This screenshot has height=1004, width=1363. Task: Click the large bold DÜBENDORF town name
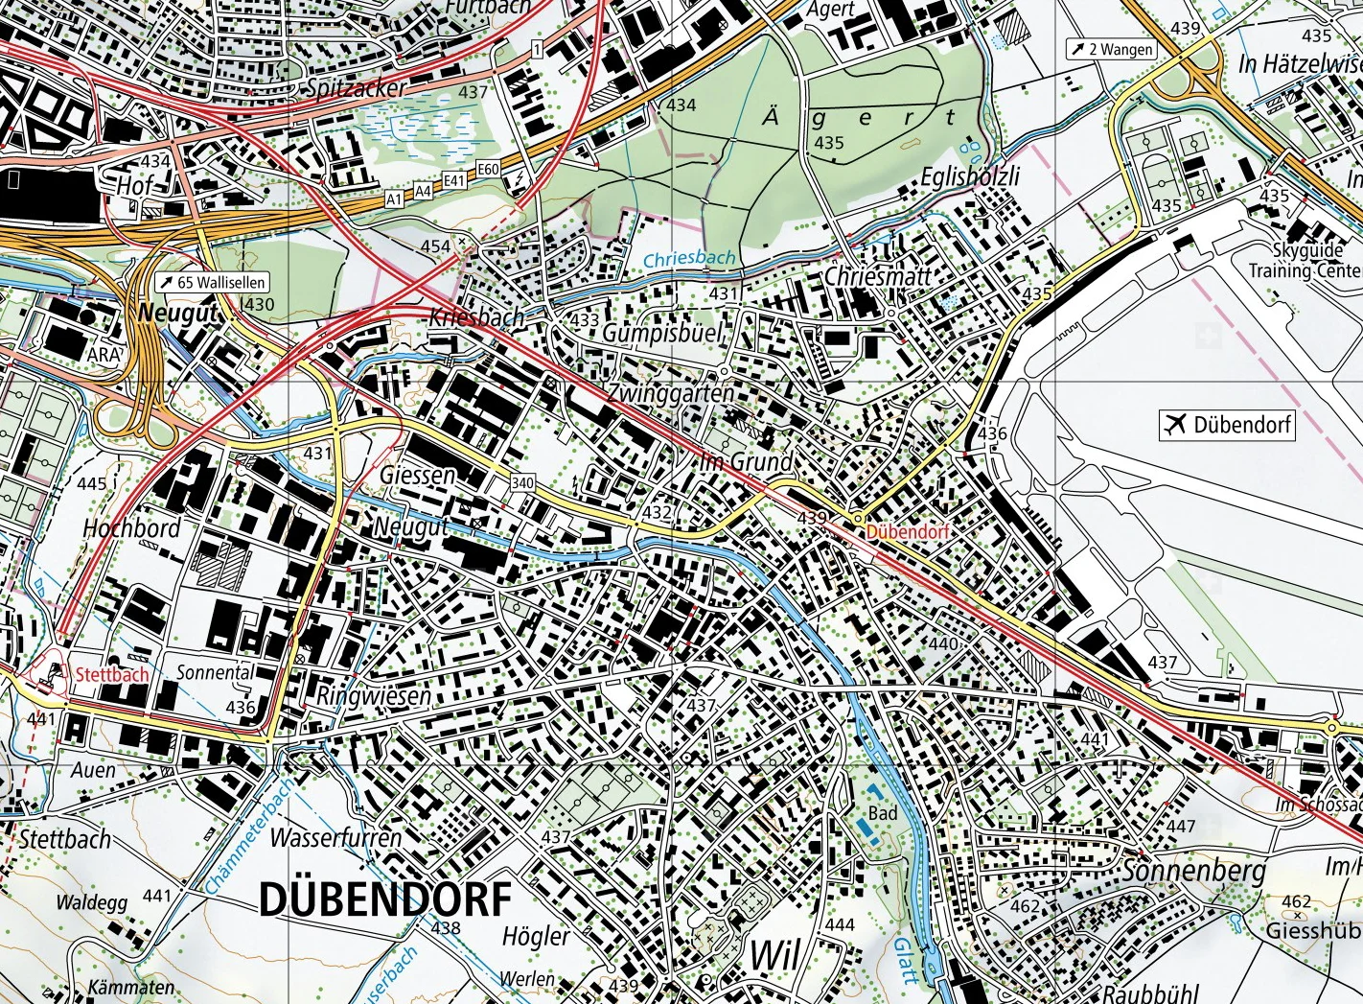coord(385,899)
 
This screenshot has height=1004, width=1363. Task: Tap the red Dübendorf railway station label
coord(907,531)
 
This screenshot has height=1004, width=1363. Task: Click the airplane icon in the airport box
coord(1174,424)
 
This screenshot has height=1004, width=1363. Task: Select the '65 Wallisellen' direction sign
coord(212,283)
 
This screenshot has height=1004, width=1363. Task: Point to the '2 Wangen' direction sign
coord(1112,49)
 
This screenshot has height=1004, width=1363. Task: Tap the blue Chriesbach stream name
coord(689,259)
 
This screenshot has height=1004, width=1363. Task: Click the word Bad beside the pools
coord(883,813)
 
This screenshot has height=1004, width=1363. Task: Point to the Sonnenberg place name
coord(1193,871)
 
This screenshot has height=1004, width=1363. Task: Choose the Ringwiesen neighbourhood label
coord(374,695)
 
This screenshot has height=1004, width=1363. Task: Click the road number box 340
coord(522,482)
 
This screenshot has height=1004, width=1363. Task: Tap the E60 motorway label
coord(488,169)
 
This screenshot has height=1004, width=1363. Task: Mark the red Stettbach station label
coord(112,674)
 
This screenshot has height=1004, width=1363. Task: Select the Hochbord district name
coord(131,528)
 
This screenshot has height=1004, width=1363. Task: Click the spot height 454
coord(435,246)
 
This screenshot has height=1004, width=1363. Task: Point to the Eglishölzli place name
coord(970,176)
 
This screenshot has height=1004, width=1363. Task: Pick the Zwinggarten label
coord(671,393)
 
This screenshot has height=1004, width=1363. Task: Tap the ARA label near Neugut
coord(104,354)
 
